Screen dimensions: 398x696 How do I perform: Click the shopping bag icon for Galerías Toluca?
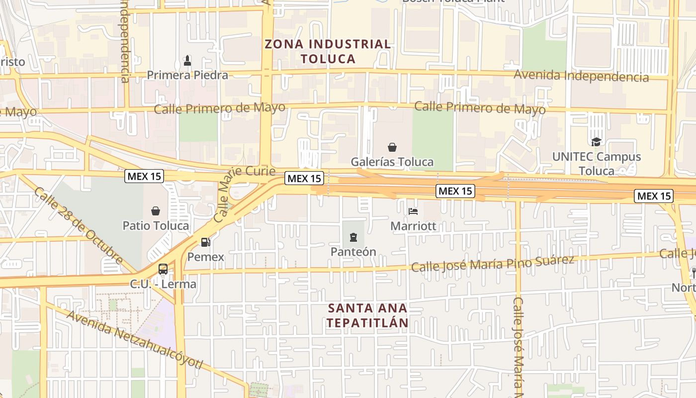point(392,147)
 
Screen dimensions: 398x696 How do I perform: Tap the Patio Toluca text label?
point(156,226)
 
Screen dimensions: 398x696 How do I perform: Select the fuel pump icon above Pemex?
point(205,242)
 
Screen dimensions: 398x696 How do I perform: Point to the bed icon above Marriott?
point(413,211)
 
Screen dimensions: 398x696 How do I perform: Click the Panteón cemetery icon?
point(353,237)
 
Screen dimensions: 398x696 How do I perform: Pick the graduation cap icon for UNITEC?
point(596,142)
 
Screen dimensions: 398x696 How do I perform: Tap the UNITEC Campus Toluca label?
point(597,164)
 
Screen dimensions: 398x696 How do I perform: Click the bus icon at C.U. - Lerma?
point(163,269)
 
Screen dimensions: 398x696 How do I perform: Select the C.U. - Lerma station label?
point(163,285)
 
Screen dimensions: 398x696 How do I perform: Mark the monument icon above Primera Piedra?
point(187,61)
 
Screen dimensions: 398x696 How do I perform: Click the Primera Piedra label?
point(187,75)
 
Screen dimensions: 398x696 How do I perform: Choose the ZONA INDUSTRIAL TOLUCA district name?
point(328,51)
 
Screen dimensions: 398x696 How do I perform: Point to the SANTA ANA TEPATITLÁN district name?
point(368,315)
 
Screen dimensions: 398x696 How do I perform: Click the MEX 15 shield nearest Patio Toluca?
point(145,176)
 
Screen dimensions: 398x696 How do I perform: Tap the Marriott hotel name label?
point(413,226)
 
